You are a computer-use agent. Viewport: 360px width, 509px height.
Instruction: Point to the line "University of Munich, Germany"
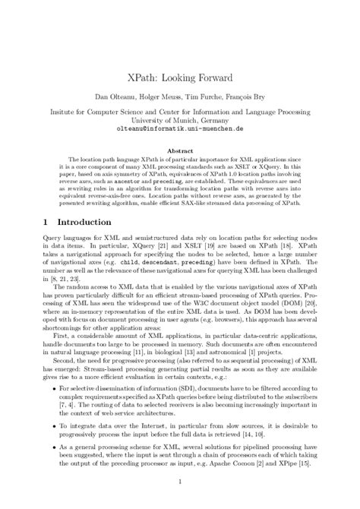(180, 119)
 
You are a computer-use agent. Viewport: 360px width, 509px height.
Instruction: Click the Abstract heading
(179, 150)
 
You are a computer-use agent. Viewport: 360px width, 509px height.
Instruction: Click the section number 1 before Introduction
(47, 222)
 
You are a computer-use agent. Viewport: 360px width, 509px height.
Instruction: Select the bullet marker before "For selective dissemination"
(52, 387)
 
